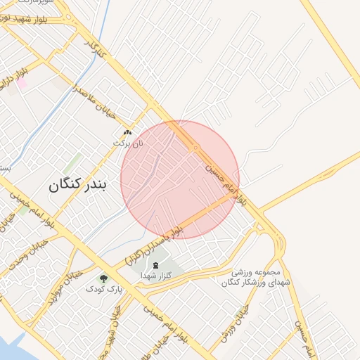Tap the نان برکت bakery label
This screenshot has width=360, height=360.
[128, 143]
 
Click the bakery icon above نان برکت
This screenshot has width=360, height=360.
[127, 132]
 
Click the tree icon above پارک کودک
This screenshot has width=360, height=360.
[104, 278]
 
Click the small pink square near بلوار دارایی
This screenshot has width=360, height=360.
[22, 83]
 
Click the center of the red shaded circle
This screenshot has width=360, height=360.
[180, 179]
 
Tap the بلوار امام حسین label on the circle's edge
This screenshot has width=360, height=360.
[226, 181]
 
